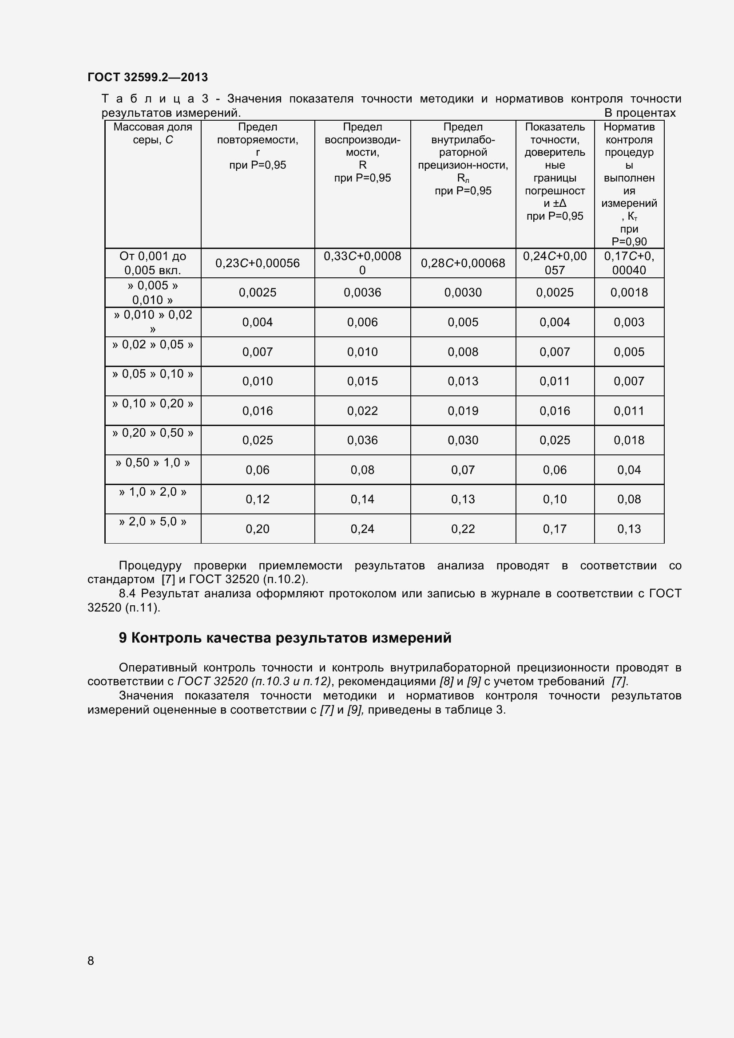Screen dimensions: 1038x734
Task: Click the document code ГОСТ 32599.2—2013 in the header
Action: point(147,77)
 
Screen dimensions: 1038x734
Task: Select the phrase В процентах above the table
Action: point(639,113)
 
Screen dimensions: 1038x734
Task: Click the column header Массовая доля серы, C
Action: point(153,134)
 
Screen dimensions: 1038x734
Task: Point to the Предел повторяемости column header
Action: point(258,146)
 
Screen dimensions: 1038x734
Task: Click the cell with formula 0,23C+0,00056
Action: point(258,263)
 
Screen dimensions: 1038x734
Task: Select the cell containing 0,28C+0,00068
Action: point(463,263)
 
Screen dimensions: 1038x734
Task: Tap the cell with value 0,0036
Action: point(362,292)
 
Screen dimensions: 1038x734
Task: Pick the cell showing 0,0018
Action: point(629,292)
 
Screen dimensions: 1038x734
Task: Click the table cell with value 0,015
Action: point(362,381)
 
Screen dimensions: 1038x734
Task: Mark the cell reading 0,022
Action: point(362,411)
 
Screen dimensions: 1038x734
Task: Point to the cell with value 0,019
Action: point(463,411)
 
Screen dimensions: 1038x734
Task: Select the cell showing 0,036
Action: point(362,440)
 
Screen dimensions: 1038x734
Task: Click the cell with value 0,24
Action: point(362,529)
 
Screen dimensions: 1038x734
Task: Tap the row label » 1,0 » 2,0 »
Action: point(153,492)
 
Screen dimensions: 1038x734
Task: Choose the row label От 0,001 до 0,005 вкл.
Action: point(153,263)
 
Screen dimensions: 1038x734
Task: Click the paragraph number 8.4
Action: point(127,594)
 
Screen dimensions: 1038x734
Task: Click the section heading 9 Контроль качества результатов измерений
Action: point(285,638)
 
